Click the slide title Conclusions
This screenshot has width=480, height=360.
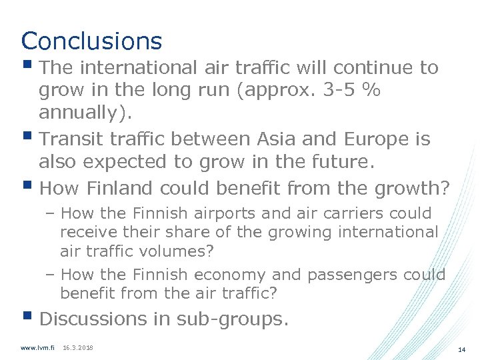coord(91,41)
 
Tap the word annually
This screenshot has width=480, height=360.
coord(81,113)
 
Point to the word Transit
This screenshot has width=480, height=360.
coord(74,139)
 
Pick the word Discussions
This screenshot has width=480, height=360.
coord(97,319)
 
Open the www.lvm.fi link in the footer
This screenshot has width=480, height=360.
coord(37,348)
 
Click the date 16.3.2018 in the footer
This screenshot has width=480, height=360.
coord(77,348)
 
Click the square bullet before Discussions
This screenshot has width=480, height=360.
coord(27,318)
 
